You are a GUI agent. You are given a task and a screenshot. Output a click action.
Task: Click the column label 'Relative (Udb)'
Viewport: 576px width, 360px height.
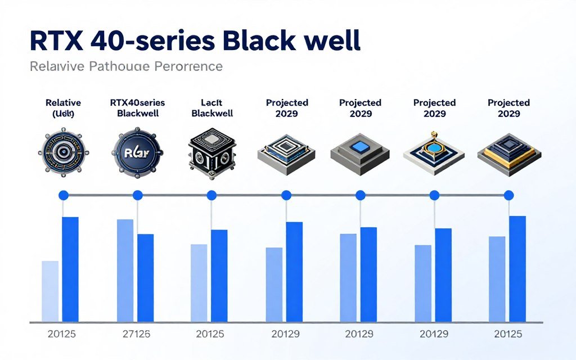(x=63, y=108)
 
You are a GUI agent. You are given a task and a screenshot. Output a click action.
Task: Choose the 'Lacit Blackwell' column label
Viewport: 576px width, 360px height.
(x=211, y=108)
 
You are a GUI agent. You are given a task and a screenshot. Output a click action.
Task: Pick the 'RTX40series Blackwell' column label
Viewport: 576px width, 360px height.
(x=137, y=108)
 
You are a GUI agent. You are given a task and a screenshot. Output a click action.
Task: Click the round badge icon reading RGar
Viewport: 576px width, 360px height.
(x=137, y=152)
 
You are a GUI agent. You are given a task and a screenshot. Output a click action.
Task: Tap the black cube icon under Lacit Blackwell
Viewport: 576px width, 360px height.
(x=211, y=152)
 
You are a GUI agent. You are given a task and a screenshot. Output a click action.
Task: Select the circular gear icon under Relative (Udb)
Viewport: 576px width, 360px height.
(x=63, y=152)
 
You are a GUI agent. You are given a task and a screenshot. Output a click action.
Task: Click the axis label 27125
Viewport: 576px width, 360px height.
(x=136, y=334)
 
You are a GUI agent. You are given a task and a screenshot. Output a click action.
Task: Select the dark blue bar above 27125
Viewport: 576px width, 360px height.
(x=146, y=278)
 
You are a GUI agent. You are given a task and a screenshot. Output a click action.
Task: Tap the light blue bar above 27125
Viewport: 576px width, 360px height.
(x=125, y=271)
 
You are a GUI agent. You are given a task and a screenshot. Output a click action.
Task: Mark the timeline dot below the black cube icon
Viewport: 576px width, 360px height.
(x=211, y=195)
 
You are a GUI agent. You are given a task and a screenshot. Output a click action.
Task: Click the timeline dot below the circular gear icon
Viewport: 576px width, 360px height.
(x=63, y=195)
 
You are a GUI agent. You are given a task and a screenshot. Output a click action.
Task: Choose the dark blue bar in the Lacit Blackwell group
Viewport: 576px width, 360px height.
(x=219, y=276)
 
